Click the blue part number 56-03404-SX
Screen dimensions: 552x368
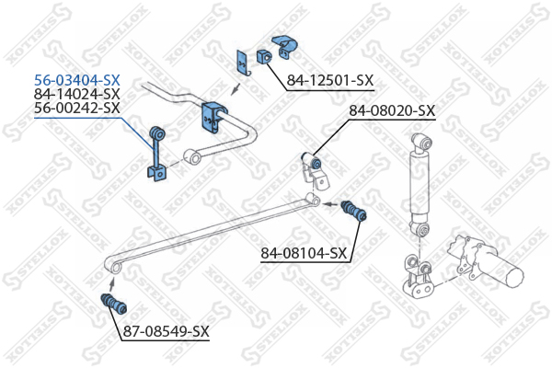pos(76,81)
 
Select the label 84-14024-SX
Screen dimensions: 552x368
pos(76,94)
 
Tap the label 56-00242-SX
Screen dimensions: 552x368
pos(76,108)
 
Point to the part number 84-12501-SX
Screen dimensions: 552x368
pos(330,80)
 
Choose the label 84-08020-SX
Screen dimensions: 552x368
pos(392,111)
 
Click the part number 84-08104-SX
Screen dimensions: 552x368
pos(304,253)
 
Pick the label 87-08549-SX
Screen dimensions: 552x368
pos(166,331)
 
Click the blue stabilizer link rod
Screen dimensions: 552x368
pos(156,154)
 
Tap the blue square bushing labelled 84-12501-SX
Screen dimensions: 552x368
pos(263,56)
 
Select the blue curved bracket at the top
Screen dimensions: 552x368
pos(284,46)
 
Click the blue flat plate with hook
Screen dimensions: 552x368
pos(242,63)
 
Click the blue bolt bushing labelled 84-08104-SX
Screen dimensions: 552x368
pos(354,211)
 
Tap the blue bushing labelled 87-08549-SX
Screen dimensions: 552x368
pos(114,304)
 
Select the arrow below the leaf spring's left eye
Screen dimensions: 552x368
pos(112,282)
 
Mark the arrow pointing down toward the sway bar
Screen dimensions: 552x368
pos(236,89)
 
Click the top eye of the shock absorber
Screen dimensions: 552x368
pos(422,142)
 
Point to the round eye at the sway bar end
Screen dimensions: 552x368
pos(192,156)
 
